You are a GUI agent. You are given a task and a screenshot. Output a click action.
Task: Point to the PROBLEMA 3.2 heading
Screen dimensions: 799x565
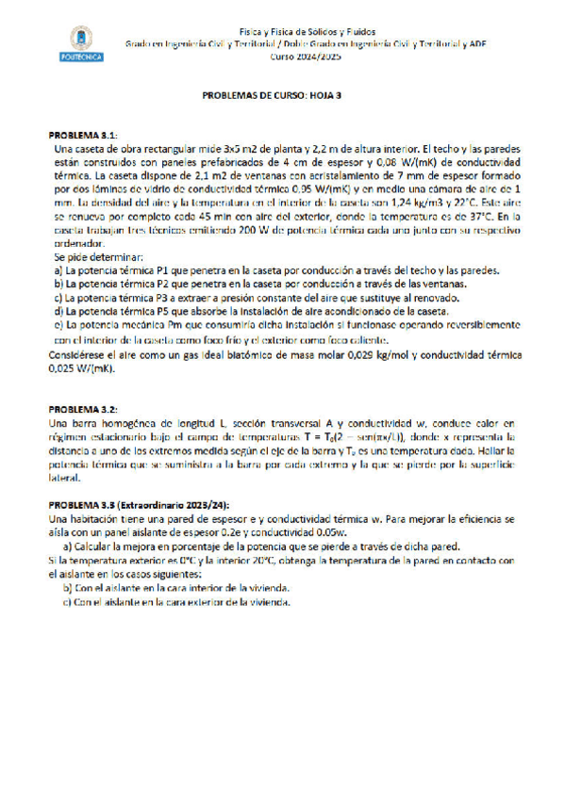click(84, 410)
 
